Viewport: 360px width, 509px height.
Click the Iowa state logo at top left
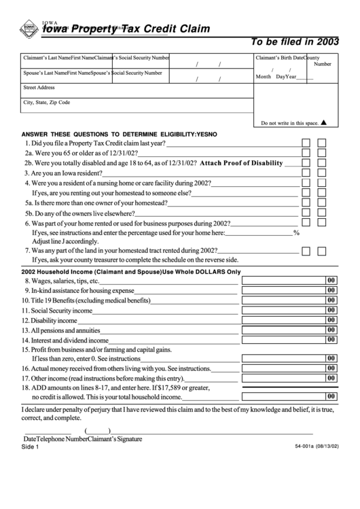[x=29, y=29]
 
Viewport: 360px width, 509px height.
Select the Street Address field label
[x=39, y=88]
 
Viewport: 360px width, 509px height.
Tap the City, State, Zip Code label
[x=47, y=103]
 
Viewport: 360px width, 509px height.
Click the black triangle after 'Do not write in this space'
[x=324, y=123]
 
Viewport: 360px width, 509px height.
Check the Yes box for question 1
[x=306, y=143]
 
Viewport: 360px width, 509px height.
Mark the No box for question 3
[x=322, y=173]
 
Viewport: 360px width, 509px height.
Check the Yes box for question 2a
[x=306, y=154]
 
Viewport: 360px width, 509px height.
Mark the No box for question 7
[x=322, y=250]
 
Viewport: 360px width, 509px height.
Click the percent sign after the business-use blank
[x=296, y=232]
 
